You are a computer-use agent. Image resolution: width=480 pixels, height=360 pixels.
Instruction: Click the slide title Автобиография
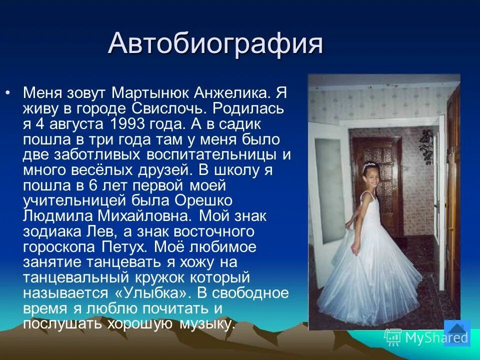click(215, 44)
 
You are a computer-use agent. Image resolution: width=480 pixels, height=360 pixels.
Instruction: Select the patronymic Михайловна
click(141, 216)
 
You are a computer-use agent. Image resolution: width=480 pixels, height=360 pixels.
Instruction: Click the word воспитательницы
click(209, 154)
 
